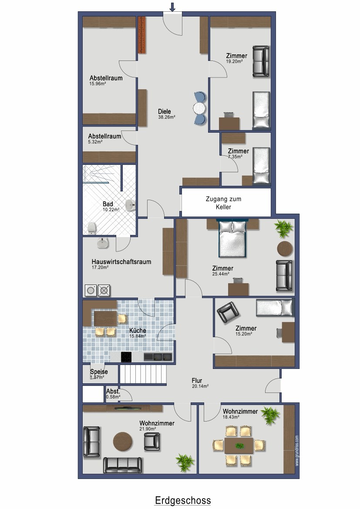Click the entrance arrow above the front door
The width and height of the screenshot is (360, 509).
(x=172, y=7)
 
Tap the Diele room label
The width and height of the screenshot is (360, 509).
(x=165, y=111)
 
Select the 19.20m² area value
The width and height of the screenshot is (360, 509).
(x=235, y=61)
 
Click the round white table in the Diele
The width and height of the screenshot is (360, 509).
(x=199, y=108)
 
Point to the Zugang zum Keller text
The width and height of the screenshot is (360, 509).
(x=224, y=203)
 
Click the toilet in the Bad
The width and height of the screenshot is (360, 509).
(x=92, y=228)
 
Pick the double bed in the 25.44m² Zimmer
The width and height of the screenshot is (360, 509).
(x=232, y=239)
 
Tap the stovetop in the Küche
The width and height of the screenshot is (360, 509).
(x=126, y=357)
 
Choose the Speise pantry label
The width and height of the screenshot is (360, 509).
(x=99, y=372)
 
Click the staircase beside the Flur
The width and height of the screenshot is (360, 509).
(x=143, y=374)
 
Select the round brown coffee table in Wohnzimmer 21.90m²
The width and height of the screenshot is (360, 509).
(x=123, y=442)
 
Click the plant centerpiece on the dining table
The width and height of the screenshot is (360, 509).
(x=239, y=445)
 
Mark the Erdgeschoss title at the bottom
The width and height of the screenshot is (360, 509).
(x=183, y=500)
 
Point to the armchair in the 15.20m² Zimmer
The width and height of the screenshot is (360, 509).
(x=228, y=312)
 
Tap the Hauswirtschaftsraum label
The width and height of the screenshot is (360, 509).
(x=121, y=261)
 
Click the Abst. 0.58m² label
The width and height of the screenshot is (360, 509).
(x=113, y=394)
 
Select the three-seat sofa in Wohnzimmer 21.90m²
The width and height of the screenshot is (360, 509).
(x=122, y=465)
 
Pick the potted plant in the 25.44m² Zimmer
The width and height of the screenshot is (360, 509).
(x=284, y=228)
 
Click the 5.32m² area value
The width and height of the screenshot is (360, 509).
(x=95, y=142)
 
